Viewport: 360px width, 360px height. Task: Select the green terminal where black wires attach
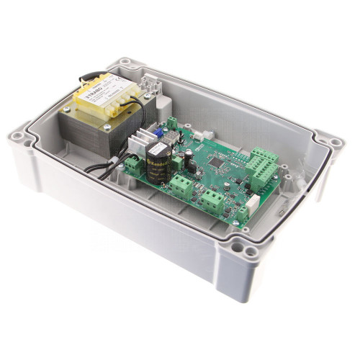click(x=133, y=166)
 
